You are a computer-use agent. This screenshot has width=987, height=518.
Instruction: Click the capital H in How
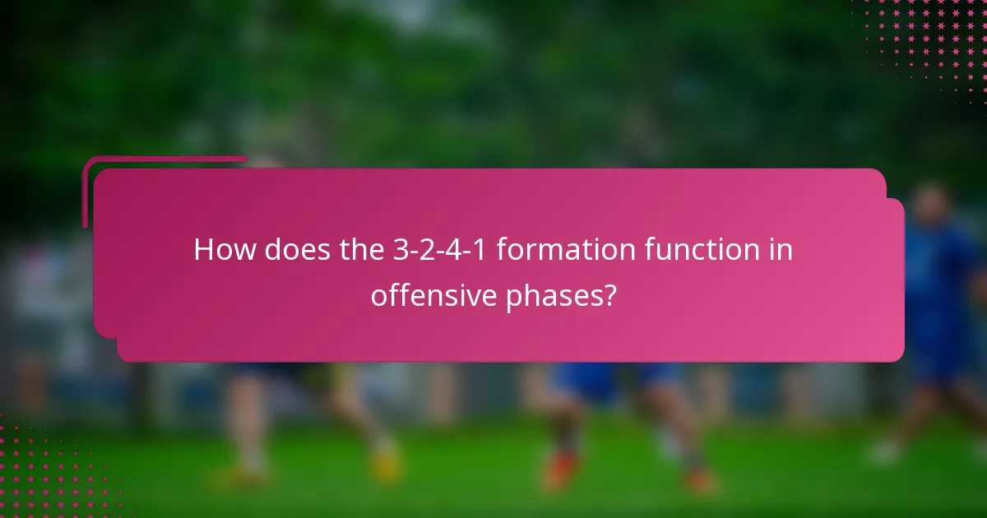[x=203, y=250]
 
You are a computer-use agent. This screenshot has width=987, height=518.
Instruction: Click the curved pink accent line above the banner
[x=164, y=160]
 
